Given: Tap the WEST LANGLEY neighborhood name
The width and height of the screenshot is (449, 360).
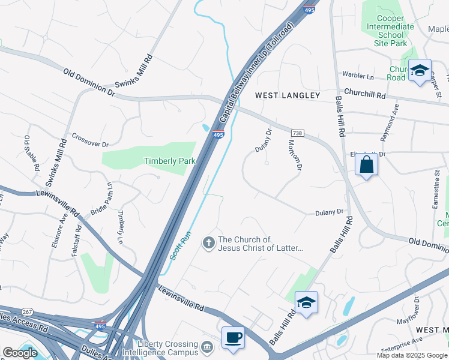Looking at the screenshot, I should point(288,95).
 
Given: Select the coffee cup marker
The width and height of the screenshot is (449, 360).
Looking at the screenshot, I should point(232,337).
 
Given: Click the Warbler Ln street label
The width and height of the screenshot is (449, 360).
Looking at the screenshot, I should point(358,76).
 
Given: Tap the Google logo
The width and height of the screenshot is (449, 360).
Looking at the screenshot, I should point(20,353).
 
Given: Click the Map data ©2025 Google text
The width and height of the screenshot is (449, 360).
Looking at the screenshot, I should point(411,355).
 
